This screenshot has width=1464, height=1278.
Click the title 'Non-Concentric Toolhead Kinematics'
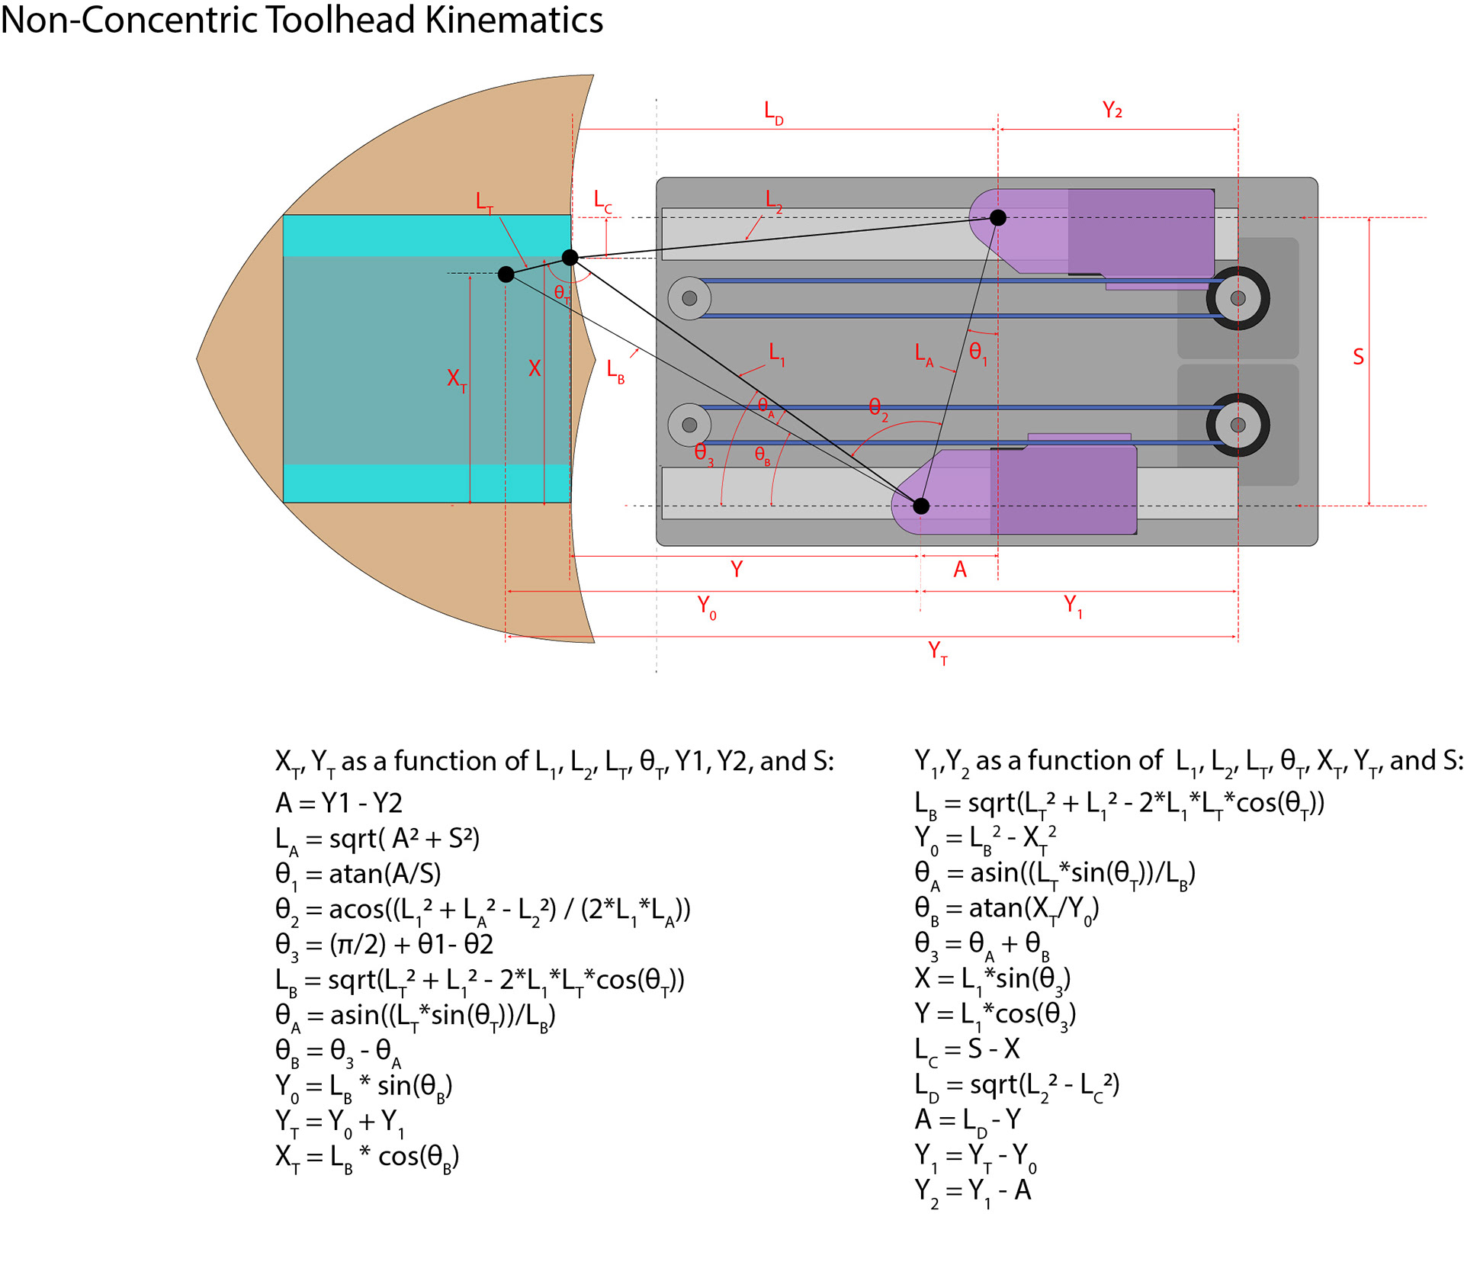[x=302, y=20]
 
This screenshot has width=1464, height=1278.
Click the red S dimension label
[x=1358, y=357]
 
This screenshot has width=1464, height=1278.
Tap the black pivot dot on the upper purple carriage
[x=997, y=217]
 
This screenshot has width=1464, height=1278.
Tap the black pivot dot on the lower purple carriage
[x=921, y=506]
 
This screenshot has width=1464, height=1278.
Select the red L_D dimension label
[x=774, y=113]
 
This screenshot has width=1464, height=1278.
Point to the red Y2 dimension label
[x=1112, y=110]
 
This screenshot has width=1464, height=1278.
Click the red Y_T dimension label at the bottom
[x=938, y=653]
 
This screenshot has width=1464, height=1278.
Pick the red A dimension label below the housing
[x=960, y=569]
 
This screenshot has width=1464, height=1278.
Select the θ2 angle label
[x=878, y=409]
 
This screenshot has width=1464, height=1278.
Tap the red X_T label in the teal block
[x=457, y=380]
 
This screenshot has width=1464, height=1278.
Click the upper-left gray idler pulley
[x=689, y=298]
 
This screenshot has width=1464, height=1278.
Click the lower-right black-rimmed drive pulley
[x=1238, y=425]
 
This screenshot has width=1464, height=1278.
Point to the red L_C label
[x=603, y=202]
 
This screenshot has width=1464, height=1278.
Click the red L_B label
[x=615, y=371]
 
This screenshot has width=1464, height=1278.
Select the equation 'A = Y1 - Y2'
[x=339, y=803]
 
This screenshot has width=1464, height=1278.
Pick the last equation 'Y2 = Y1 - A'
[x=973, y=1192]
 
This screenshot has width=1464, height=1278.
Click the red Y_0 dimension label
[x=707, y=608]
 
